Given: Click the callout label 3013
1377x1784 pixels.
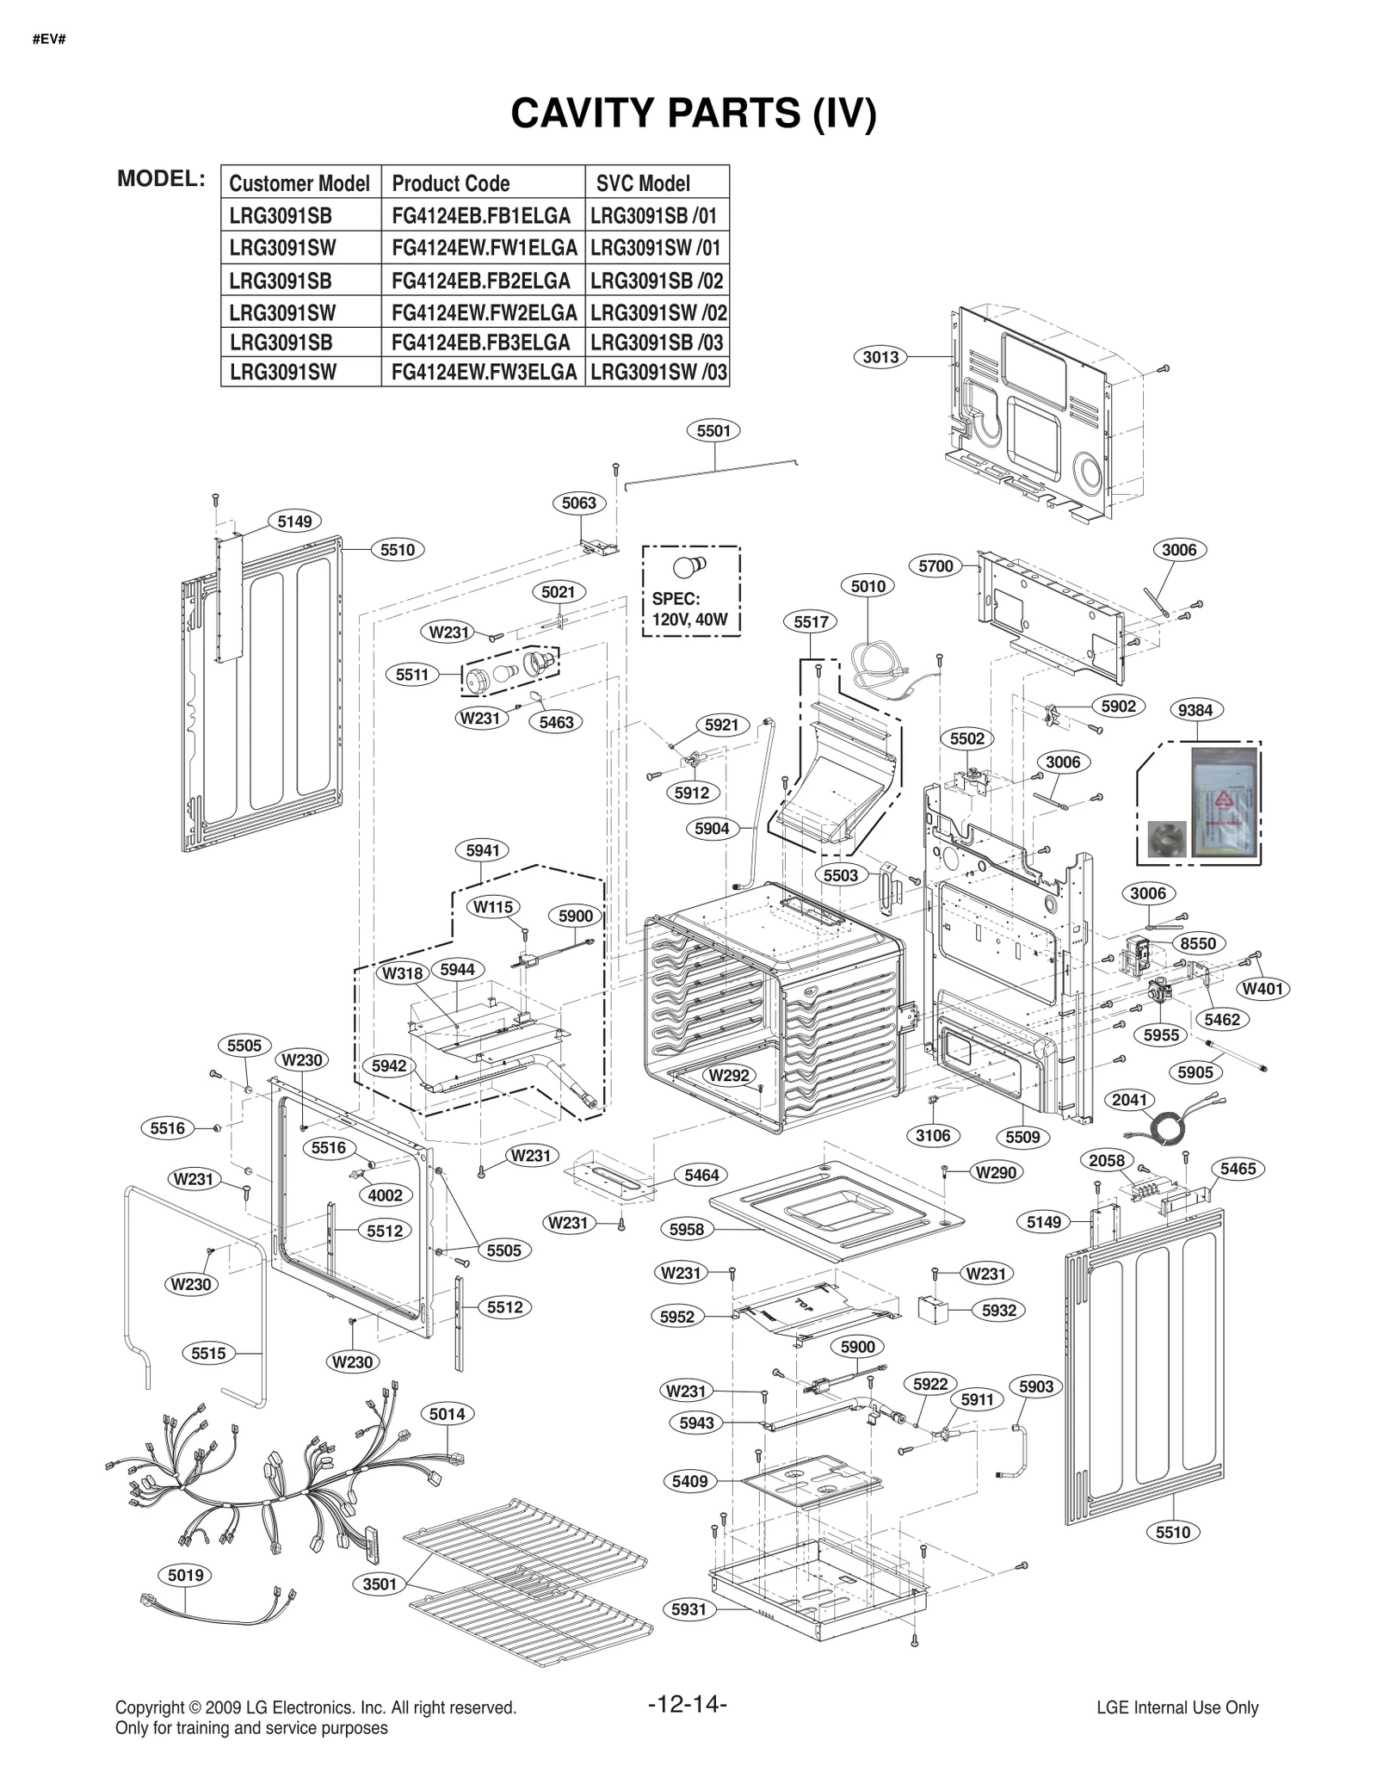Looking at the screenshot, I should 880,356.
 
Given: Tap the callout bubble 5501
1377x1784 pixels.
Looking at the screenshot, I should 713,430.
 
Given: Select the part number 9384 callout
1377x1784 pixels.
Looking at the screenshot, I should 1195,710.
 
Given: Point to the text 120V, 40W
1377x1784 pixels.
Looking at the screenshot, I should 689,619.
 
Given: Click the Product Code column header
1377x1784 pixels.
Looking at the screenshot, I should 450,183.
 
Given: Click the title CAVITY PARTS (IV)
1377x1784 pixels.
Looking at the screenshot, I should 693,113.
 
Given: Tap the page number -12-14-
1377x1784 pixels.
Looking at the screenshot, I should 688,1704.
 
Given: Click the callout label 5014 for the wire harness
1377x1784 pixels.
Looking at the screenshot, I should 448,1414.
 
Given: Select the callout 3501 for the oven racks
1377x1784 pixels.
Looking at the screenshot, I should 380,1583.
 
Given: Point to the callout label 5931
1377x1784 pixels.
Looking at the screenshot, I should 689,1609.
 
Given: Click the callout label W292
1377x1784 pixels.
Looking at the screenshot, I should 729,1075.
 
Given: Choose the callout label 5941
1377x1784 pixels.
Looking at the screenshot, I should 483,850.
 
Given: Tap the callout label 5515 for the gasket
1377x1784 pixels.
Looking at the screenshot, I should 208,1353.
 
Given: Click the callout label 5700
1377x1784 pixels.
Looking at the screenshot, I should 935,566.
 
